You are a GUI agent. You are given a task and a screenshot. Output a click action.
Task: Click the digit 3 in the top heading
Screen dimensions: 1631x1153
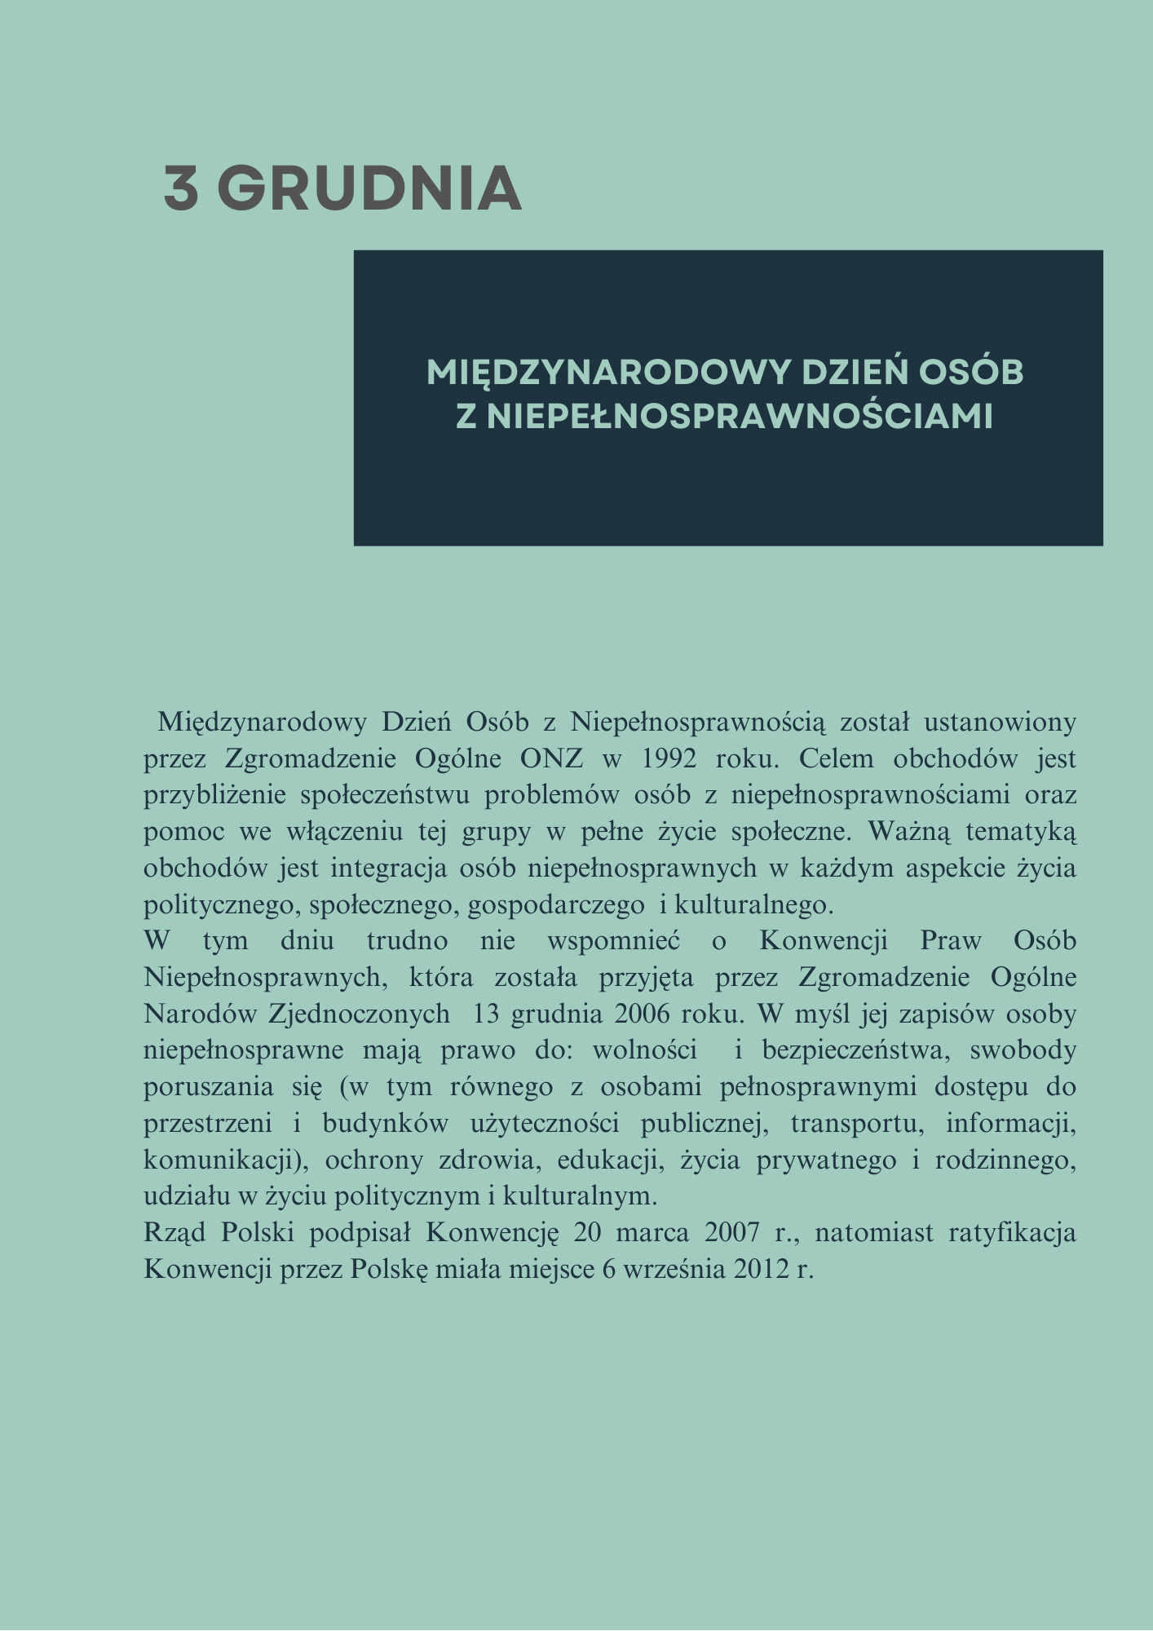coord(181,188)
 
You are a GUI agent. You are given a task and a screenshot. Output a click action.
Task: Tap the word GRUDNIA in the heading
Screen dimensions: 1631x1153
coord(369,188)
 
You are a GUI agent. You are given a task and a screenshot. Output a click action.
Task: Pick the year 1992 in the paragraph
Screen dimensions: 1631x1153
coord(669,758)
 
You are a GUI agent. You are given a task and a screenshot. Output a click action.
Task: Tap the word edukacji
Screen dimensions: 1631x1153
coord(608,1160)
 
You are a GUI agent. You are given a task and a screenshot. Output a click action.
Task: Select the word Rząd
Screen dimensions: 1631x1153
coord(173,1233)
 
